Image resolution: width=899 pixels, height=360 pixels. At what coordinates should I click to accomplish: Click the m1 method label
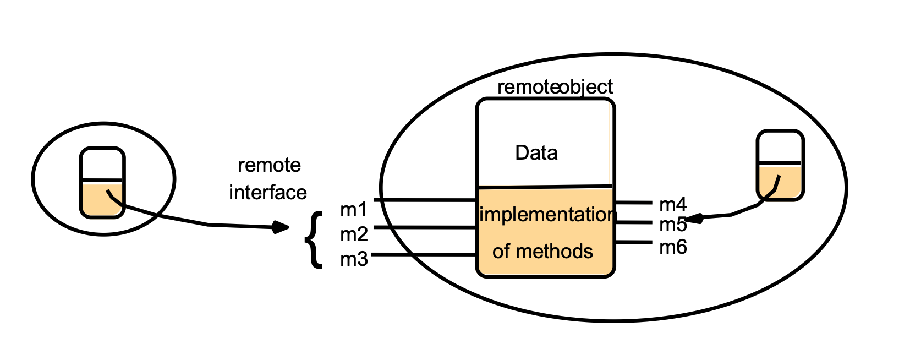(x=353, y=210)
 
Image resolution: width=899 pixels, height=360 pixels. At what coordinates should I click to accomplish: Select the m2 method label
(x=354, y=234)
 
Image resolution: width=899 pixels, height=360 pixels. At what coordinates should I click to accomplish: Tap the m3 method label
(x=354, y=259)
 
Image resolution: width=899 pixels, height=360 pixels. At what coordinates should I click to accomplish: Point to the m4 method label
(x=673, y=205)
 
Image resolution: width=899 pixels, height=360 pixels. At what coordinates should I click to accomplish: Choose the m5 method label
(x=673, y=225)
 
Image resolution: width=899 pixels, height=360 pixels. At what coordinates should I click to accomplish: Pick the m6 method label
(x=673, y=247)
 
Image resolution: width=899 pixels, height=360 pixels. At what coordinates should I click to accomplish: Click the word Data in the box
(x=536, y=152)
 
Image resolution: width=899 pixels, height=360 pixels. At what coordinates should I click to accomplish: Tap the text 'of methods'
(x=542, y=252)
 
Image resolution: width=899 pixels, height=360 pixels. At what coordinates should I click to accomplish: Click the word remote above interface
(x=269, y=165)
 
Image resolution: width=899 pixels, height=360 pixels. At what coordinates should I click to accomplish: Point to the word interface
(x=268, y=192)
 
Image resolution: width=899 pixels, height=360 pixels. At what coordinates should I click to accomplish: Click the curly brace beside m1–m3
(x=314, y=240)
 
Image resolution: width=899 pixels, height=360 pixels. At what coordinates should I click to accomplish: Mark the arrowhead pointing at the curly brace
(x=282, y=226)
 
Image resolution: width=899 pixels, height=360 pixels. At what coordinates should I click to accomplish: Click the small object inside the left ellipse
(x=102, y=182)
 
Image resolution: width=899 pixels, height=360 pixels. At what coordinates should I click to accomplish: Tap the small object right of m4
(x=780, y=165)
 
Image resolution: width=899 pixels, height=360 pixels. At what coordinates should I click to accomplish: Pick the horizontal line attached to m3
(x=424, y=254)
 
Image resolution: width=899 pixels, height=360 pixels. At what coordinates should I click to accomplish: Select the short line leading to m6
(x=633, y=242)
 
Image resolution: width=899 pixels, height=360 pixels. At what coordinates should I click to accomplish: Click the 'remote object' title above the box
(x=555, y=87)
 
